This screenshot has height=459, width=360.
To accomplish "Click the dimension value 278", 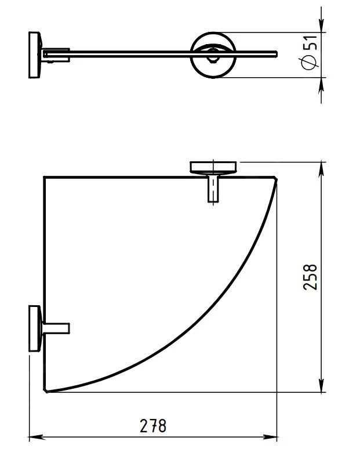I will (x=153, y=426).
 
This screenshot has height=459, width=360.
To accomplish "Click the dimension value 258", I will (x=310, y=277).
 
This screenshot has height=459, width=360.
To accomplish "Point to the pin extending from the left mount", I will (x=56, y=327).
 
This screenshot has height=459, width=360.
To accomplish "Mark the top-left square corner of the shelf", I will (x=45, y=176).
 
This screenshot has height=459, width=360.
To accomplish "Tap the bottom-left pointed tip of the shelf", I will (x=47, y=392).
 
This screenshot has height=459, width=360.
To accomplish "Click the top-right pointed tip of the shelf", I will (x=276, y=178).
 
